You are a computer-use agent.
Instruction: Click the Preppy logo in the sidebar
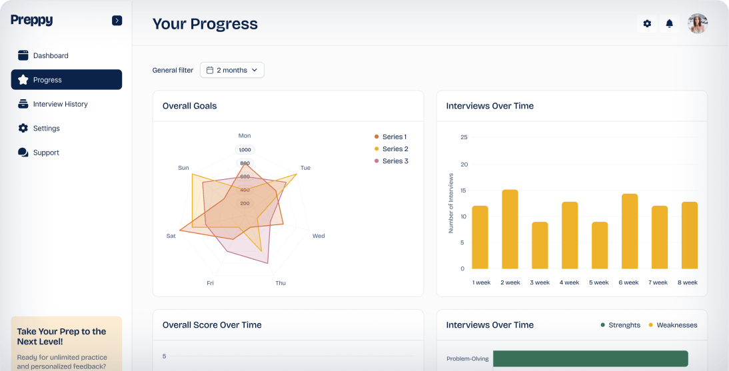tap(31, 21)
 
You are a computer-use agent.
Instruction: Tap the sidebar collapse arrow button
tap(117, 21)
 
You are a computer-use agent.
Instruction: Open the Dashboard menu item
tap(51, 56)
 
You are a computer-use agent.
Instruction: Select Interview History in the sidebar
tap(60, 104)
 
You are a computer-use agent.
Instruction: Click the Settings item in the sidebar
tap(46, 129)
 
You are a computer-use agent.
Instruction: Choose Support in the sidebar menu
tap(46, 153)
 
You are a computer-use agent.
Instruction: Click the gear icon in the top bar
tap(647, 24)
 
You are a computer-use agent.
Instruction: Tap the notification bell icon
tap(670, 24)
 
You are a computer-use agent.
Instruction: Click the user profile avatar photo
tap(697, 24)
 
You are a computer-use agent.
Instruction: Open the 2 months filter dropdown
tap(232, 70)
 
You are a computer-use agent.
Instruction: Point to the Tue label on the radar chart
tap(305, 168)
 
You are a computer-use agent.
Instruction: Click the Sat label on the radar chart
tap(171, 236)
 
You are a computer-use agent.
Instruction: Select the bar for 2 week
tap(510, 229)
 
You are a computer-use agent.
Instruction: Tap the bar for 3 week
tap(540, 245)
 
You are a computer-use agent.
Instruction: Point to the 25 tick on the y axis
tap(464, 137)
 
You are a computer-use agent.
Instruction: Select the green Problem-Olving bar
tap(590, 358)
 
